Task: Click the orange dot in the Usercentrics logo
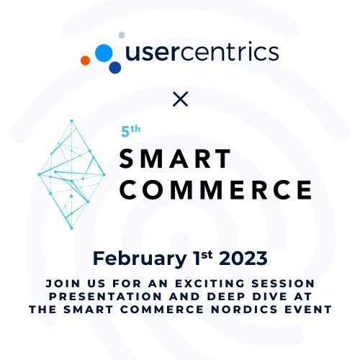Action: [86, 60]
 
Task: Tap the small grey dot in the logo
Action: [122, 35]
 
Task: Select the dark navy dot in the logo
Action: [114, 68]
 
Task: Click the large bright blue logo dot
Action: [104, 53]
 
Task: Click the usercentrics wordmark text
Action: [202, 53]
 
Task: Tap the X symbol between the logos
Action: [180, 99]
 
